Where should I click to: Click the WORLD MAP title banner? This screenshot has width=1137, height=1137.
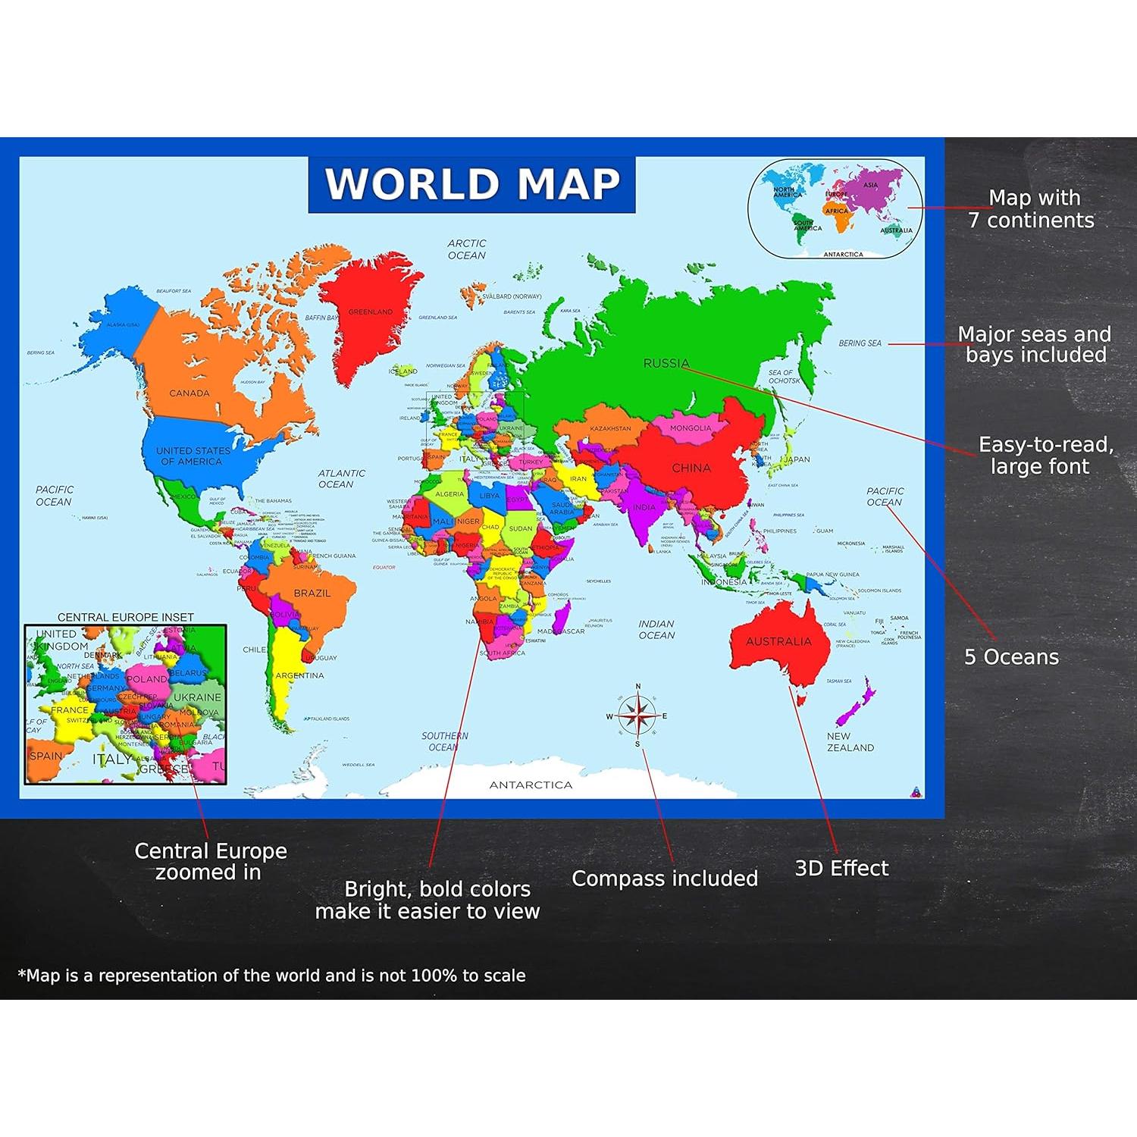tap(471, 184)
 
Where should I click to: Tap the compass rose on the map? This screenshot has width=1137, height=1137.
tap(637, 715)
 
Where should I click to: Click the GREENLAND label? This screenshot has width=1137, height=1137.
tap(370, 312)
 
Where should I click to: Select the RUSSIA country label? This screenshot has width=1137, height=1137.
tap(666, 363)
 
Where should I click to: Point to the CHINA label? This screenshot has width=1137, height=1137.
tap(691, 468)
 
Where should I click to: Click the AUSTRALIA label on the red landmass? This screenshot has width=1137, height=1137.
tap(778, 641)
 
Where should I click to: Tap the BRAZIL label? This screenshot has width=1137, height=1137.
tap(312, 593)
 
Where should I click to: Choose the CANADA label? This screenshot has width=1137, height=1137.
tap(189, 393)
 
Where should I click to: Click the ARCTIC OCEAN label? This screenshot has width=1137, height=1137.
tap(467, 249)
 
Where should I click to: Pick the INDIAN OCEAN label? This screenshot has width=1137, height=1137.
tap(656, 629)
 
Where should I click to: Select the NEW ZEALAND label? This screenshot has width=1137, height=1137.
tap(850, 741)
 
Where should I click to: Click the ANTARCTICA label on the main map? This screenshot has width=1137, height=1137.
tap(531, 785)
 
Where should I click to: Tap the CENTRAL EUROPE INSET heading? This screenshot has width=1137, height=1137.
tap(126, 617)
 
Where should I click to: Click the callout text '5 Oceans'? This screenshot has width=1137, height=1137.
tap(1011, 657)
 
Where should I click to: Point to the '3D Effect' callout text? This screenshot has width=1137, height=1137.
tap(841, 868)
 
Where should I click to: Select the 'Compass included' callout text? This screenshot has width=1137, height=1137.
tap(665, 879)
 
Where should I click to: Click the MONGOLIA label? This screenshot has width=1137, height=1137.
tap(691, 428)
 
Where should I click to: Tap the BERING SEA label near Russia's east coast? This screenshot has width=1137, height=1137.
tap(860, 343)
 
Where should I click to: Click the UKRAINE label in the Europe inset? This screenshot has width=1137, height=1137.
tap(197, 697)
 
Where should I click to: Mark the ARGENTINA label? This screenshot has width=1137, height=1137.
tap(299, 675)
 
